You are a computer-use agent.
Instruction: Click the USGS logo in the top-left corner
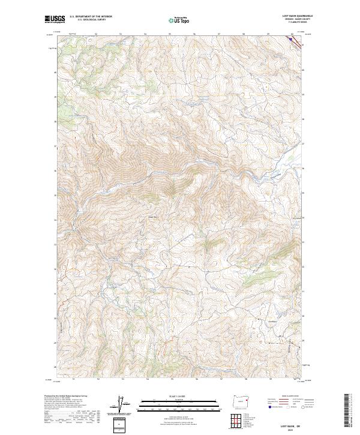[x=55, y=19]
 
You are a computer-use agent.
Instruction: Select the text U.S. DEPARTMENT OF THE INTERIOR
[x=91, y=17]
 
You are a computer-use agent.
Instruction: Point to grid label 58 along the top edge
[x=244, y=34]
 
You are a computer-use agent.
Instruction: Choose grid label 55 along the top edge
[x=170, y=34]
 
